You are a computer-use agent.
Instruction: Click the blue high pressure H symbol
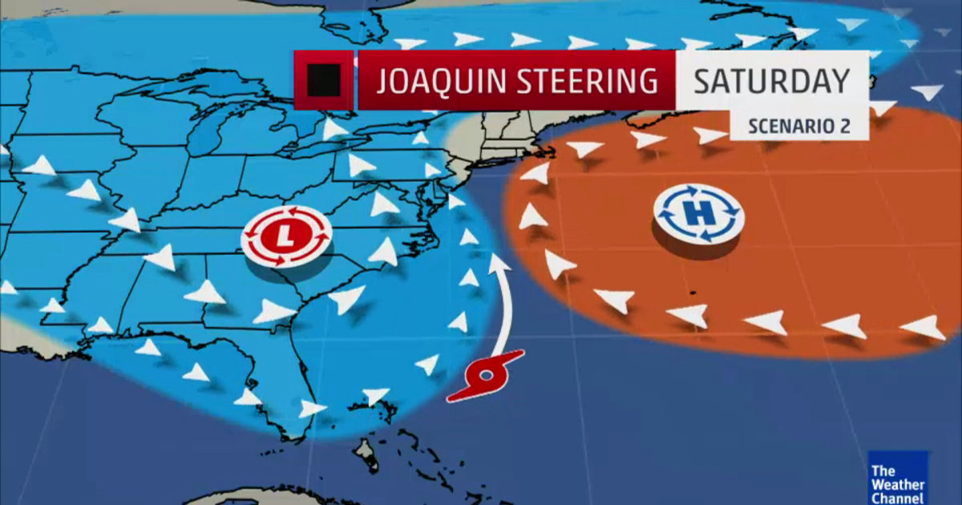699,215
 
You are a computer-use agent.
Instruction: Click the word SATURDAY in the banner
770,81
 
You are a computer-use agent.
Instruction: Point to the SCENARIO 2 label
798,126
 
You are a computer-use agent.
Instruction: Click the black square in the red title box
324,79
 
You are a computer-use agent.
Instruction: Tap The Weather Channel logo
898,478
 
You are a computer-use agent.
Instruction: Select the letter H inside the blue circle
699,215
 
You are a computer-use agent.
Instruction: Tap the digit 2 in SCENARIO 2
841,126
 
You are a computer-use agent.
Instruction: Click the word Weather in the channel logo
898,484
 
